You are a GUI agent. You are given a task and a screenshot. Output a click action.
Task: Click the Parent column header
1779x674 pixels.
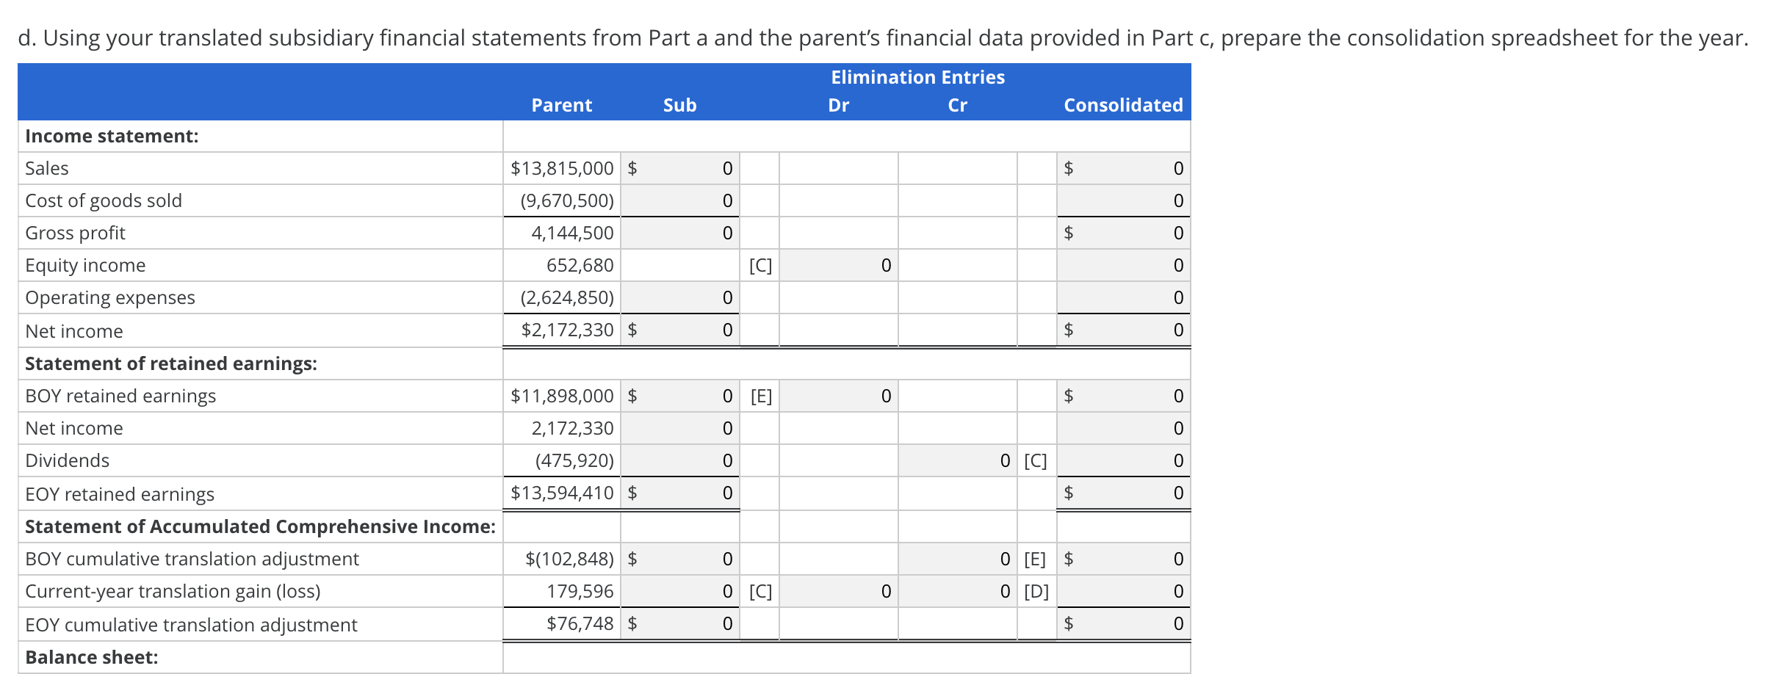click(x=561, y=105)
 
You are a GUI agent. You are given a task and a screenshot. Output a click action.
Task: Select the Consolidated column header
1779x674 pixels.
click(x=1123, y=105)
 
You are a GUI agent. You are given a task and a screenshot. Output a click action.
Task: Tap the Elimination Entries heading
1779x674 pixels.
click(x=917, y=77)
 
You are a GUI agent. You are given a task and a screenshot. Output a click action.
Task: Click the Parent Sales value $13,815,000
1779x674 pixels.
click(x=562, y=168)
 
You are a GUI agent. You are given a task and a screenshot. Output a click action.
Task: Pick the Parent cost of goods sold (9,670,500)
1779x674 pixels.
click(x=566, y=200)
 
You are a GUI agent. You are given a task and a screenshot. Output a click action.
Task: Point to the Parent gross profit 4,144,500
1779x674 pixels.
click(x=572, y=233)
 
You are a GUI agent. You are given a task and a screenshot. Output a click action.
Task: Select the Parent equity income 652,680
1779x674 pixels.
click(x=580, y=265)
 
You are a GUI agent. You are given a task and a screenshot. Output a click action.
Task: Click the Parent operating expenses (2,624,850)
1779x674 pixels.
click(x=566, y=297)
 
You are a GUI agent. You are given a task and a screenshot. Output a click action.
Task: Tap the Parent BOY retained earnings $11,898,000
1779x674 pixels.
click(x=562, y=396)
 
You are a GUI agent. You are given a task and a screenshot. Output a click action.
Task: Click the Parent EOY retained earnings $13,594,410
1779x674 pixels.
click(x=562, y=493)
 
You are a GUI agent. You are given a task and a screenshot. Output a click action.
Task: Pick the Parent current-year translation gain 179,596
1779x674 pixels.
click(x=580, y=591)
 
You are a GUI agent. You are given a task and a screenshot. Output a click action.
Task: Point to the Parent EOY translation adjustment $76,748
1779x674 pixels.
click(x=580, y=623)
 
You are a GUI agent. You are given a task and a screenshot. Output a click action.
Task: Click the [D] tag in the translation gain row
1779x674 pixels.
click(x=1036, y=591)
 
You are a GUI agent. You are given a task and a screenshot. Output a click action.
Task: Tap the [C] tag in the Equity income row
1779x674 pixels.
click(x=760, y=265)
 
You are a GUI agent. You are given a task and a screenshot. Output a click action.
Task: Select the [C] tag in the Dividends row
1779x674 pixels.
click(x=1036, y=460)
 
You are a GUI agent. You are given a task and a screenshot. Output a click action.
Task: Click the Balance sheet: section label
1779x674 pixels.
click(x=92, y=657)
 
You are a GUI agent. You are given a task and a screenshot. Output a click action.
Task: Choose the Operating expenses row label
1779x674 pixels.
click(x=110, y=297)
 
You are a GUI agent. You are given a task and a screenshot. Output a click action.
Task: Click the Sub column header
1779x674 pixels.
click(x=679, y=105)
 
